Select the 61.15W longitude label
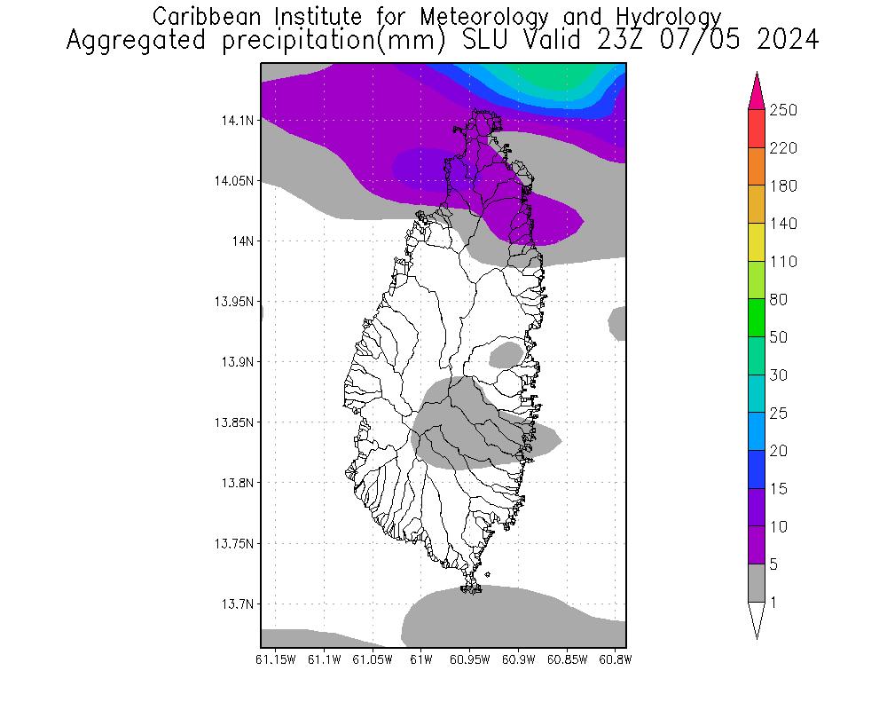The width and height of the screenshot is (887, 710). [275, 659]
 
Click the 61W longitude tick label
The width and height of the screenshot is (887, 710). [421, 659]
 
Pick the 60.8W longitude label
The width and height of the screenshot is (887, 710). [615, 659]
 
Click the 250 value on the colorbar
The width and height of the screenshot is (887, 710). [783, 110]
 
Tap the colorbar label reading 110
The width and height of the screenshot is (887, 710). [783, 262]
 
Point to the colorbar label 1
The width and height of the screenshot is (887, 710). [774, 603]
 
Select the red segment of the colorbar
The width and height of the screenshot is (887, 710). [756, 129]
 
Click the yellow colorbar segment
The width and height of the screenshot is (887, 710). [756, 242]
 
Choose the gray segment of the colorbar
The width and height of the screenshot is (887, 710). [756, 583]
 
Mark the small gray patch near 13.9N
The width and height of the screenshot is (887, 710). [506, 355]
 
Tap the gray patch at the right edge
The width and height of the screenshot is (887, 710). [619, 323]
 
